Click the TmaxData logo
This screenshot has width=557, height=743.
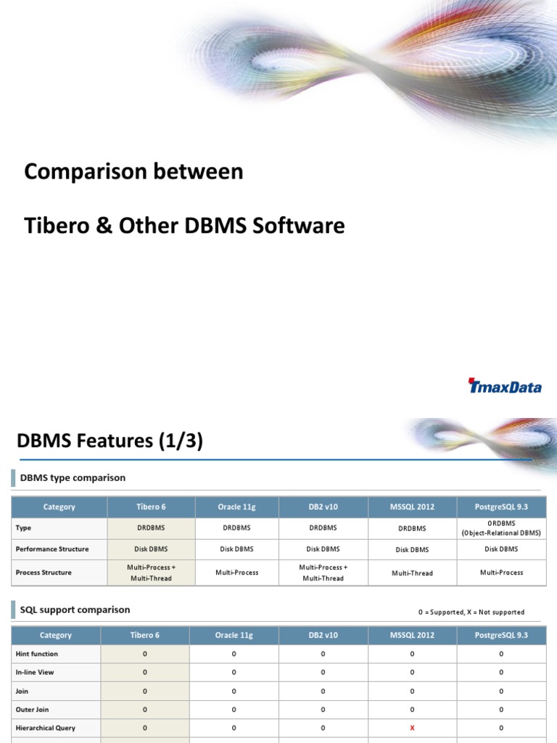pyautogui.click(x=505, y=386)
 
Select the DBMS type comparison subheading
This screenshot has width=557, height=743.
pyautogui.click(x=73, y=477)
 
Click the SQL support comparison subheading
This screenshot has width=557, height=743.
pyautogui.click(x=75, y=610)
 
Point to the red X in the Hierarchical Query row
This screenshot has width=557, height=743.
pyautogui.click(x=412, y=728)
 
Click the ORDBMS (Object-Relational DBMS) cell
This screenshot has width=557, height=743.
pyautogui.click(x=501, y=528)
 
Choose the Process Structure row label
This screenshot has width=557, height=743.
pyautogui.click(x=44, y=572)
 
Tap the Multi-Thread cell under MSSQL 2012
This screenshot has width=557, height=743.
pyautogui.click(x=412, y=573)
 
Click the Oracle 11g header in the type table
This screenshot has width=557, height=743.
pyautogui.click(x=234, y=506)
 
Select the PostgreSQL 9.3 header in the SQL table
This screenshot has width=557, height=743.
pyautogui.click(x=501, y=635)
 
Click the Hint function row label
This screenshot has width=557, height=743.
pyautogui.click(x=37, y=654)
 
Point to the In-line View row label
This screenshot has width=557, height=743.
pyautogui.click(x=35, y=673)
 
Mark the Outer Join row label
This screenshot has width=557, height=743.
pyautogui.click(x=32, y=710)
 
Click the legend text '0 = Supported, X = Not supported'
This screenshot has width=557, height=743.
pyautogui.click(x=471, y=612)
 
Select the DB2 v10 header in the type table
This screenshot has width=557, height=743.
pyautogui.click(x=323, y=506)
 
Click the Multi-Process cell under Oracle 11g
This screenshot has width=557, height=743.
pyautogui.click(x=236, y=572)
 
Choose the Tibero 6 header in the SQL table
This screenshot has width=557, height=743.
pyautogui.click(x=145, y=635)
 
